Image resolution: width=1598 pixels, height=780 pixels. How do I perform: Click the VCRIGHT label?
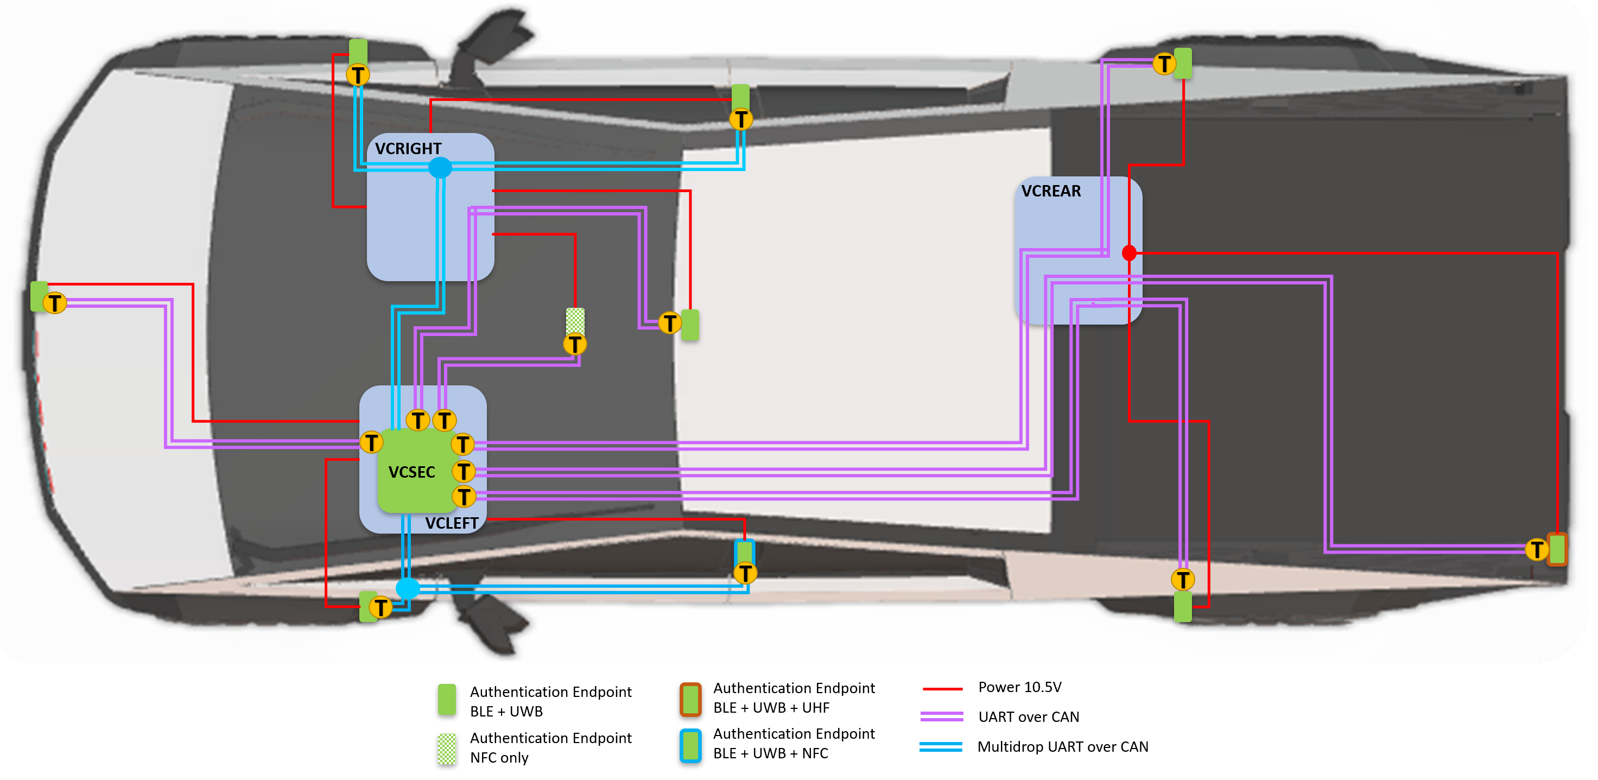pos(408,149)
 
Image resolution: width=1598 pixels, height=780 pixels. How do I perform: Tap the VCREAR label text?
pos(1051,191)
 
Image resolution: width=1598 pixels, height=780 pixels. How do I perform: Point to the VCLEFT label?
pos(452,523)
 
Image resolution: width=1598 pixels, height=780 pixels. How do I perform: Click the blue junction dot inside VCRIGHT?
pos(440,168)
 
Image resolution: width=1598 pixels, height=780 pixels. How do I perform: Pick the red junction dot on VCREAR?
pos(1129,253)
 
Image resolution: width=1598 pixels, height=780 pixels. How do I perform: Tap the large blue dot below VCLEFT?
pos(408,588)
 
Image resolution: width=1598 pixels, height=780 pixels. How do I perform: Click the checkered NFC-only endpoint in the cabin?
pos(575,320)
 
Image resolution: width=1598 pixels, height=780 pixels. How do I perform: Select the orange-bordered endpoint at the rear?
pos(1557,549)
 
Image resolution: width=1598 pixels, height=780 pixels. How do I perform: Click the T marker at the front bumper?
pos(55,303)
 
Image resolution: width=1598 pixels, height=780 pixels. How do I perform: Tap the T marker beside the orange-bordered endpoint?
pos(1537,550)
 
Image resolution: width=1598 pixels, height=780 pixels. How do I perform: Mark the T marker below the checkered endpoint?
pos(575,344)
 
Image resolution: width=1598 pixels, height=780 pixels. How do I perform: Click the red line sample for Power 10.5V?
pos(942,689)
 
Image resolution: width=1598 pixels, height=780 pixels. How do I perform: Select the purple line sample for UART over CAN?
pos(942,716)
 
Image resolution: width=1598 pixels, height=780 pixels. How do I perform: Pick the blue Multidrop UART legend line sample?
pos(941,746)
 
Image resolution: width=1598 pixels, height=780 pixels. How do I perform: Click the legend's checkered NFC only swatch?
pos(447,749)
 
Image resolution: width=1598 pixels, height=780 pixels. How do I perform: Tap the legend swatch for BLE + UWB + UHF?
pos(690,699)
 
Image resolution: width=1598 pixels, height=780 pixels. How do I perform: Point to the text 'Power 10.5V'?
pos(1019,688)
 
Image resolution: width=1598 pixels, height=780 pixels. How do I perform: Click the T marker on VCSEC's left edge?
pos(372,443)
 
